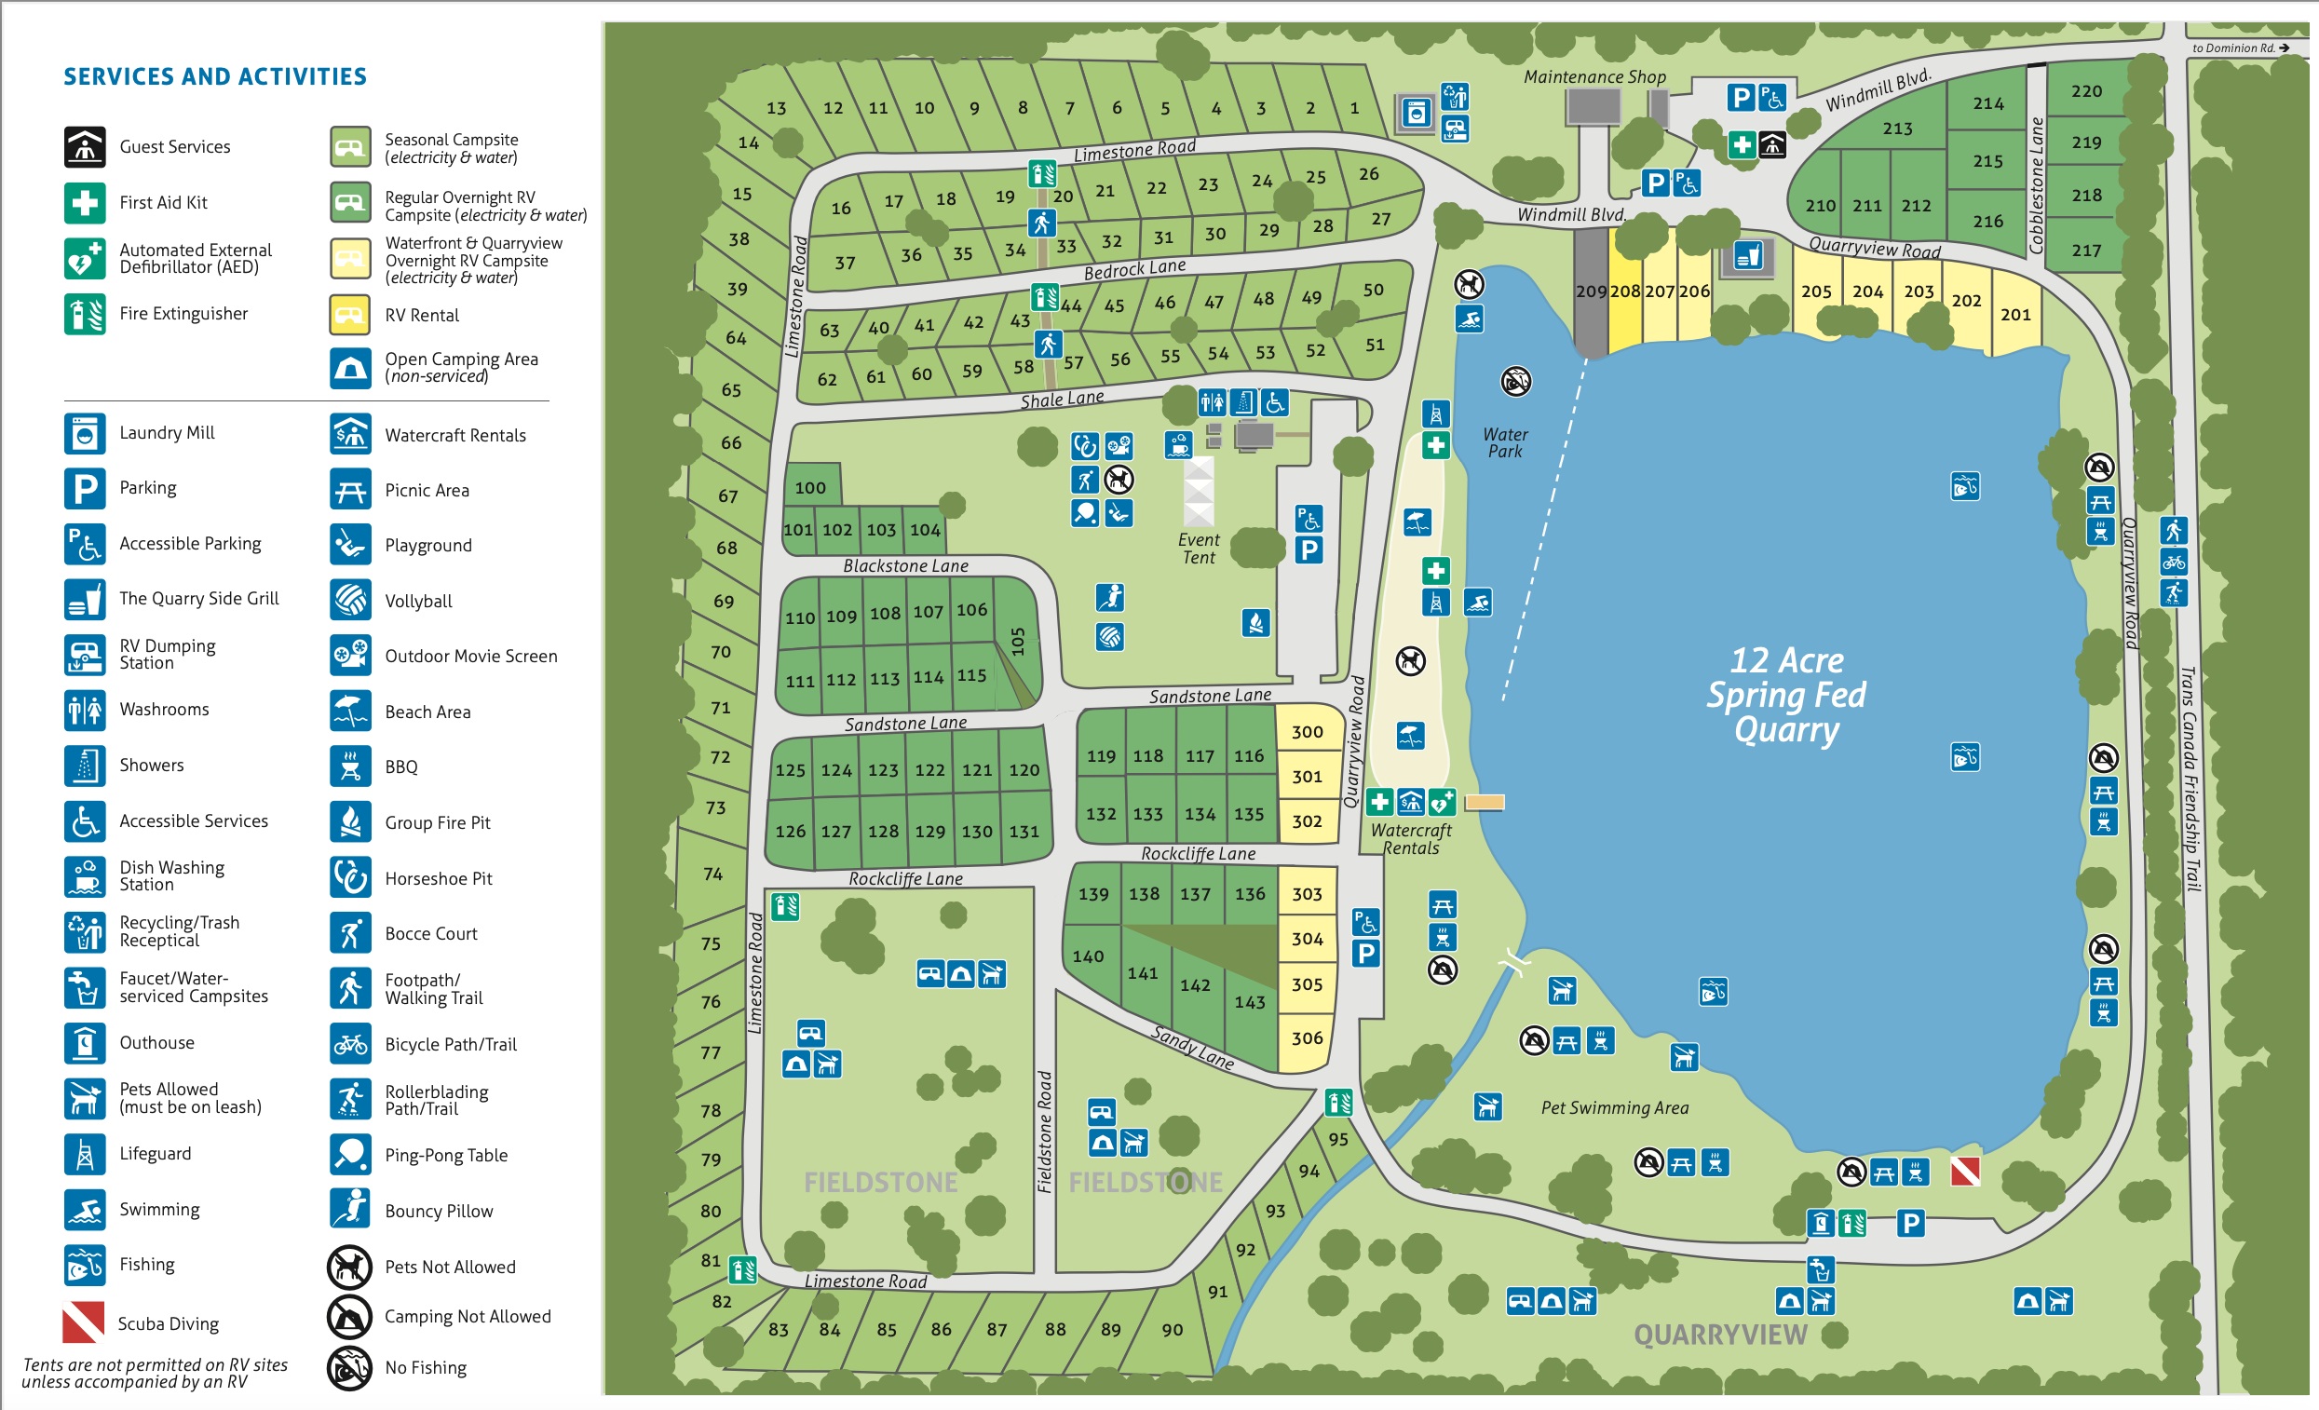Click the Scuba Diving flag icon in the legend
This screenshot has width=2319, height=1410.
pyautogui.click(x=83, y=1322)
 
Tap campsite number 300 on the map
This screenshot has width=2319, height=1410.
pyautogui.click(x=1307, y=731)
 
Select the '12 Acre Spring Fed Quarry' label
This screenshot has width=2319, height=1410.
pyautogui.click(x=1785, y=695)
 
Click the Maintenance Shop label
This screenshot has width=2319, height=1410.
pyautogui.click(x=1593, y=77)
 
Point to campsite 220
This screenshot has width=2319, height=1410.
pyautogui.click(x=2085, y=91)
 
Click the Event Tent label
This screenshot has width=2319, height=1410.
pyautogui.click(x=1198, y=549)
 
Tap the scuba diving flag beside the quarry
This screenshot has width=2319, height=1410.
pyautogui.click(x=1964, y=1172)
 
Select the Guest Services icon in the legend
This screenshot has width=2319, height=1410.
pyautogui.click(x=85, y=147)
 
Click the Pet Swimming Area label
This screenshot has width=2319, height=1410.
pyautogui.click(x=1613, y=1108)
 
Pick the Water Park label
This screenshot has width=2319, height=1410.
pyautogui.click(x=1505, y=442)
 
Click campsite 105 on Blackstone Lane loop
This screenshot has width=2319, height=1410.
pyautogui.click(x=1017, y=641)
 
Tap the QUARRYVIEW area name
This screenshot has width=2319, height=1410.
pyautogui.click(x=1719, y=1335)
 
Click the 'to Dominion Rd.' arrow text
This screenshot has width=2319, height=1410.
pyautogui.click(x=2239, y=48)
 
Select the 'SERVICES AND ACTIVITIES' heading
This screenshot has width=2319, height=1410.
pyautogui.click(x=214, y=76)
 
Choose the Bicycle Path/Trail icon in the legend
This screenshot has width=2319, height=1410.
pyautogui.click(x=350, y=1044)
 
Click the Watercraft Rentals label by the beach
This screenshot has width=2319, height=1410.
pyautogui.click(x=1410, y=839)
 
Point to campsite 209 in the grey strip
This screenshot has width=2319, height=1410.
pyautogui.click(x=1591, y=291)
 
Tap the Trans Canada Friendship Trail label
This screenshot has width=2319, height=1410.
pyautogui.click(x=2190, y=779)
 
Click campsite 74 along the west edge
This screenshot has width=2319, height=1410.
pyautogui.click(x=712, y=874)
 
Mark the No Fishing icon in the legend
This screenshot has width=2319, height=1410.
pyautogui.click(x=349, y=1368)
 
